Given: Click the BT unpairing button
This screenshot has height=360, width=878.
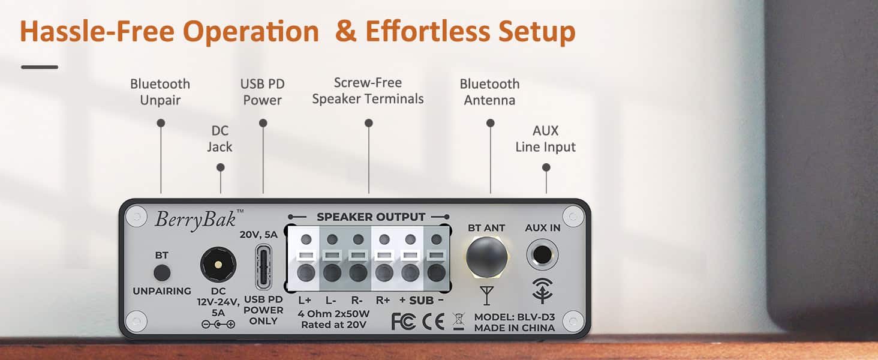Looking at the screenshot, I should point(162,273).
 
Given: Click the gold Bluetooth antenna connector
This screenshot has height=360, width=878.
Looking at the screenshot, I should point(486,257).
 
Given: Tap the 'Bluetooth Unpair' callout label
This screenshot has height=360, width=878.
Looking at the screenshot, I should point(160,92).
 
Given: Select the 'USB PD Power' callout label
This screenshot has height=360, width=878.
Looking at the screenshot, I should point(262,92).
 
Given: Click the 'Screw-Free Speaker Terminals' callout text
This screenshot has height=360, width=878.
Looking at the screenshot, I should point(368,91).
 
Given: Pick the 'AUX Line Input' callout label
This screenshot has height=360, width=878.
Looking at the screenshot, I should point(545,139).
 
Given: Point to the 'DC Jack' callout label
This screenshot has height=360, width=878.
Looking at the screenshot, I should point(220,139).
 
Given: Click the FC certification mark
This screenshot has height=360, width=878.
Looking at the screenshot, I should point(403,322).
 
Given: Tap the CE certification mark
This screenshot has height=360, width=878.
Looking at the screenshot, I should point(433,322).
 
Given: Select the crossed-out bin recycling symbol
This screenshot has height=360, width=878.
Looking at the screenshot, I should point(459,322).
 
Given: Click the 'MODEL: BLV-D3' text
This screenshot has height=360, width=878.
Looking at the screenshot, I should point(514,317).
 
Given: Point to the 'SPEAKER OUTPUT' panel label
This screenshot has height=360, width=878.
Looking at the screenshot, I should point(371,217).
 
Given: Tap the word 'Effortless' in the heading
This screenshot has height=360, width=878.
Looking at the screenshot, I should point(427,31).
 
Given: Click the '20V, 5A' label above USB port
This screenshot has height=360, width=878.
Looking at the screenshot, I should point(258,235).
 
